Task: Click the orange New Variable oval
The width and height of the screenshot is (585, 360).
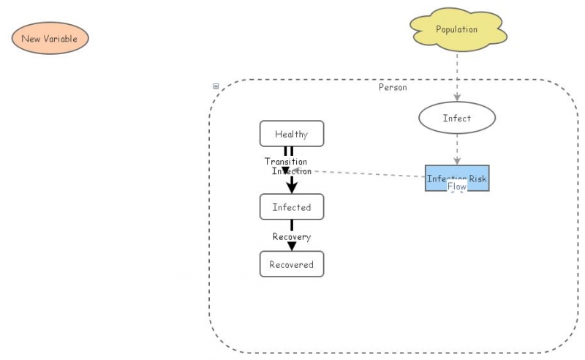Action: [50, 38]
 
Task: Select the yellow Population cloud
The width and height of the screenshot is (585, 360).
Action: [457, 30]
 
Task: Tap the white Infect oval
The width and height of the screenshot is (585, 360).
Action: [457, 118]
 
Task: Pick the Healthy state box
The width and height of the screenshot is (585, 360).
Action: [291, 134]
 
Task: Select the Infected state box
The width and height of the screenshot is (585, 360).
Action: [291, 207]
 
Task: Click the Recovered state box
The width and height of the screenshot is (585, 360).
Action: [291, 264]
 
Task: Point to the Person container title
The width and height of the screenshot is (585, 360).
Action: [393, 87]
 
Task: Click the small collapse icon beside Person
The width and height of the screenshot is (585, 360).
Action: [216, 86]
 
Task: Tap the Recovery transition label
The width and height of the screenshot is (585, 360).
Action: [291, 236]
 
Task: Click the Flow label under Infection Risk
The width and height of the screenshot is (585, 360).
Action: [457, 187]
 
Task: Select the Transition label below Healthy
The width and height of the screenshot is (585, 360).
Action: [286, 161]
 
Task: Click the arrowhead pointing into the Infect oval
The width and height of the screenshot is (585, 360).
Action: [457, 97]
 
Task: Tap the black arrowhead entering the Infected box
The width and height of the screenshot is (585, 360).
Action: [292, 187]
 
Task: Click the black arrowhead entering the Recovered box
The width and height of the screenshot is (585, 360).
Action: [291, 247]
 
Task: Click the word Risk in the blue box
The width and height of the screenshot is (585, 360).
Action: [478, 179]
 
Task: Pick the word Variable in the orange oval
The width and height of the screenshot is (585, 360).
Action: [60, 38]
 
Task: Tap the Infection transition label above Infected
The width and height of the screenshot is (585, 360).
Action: [292, 171]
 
